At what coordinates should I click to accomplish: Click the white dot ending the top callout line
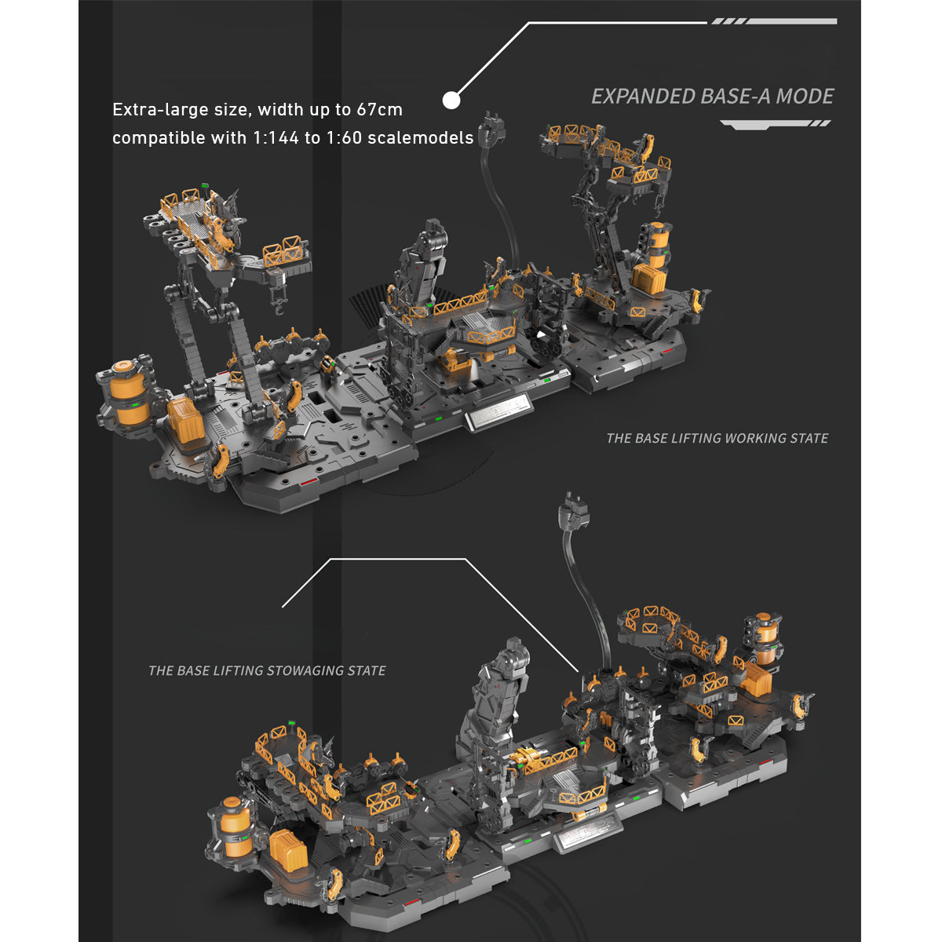click(x=451, y=100)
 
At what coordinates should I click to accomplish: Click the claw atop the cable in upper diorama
click(x=492, y=128)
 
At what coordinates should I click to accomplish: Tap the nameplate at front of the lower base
click(x=588, y=835)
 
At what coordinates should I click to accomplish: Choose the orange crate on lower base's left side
click(x=285, y=850)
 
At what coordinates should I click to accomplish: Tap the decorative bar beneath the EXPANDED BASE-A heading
click(x=775, y=124)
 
